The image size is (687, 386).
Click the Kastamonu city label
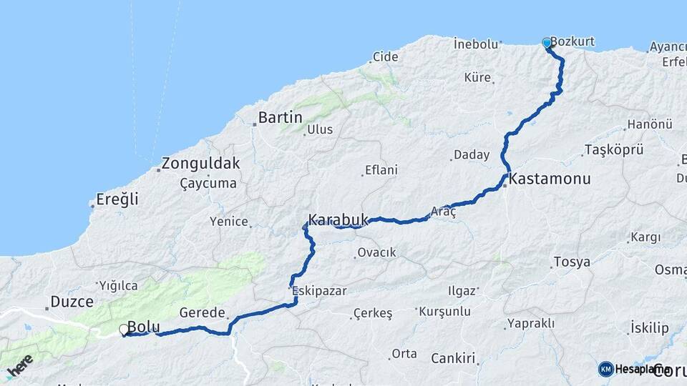coord(550,179)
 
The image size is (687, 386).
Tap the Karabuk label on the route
coord(338,219)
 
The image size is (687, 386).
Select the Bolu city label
coord(144,327)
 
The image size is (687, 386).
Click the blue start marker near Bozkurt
coord(547,44)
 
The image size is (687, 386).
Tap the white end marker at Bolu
coord(125,330)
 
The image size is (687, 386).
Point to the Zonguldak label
coord(200,164)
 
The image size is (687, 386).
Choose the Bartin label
coord(281,118)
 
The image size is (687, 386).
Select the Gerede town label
coord(203,313)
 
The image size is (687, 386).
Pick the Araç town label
coord(444,212)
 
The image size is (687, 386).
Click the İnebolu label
coord(476,44)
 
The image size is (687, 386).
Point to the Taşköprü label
coord(614,150)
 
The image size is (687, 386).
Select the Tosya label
coord(572,262)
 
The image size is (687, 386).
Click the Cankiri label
coord(454,358)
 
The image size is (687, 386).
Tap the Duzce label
coord(72,302)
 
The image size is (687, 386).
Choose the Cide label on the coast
coord(385,57)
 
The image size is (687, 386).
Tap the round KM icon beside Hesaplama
coord(606,369)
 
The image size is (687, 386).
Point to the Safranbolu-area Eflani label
coord(381,170)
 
